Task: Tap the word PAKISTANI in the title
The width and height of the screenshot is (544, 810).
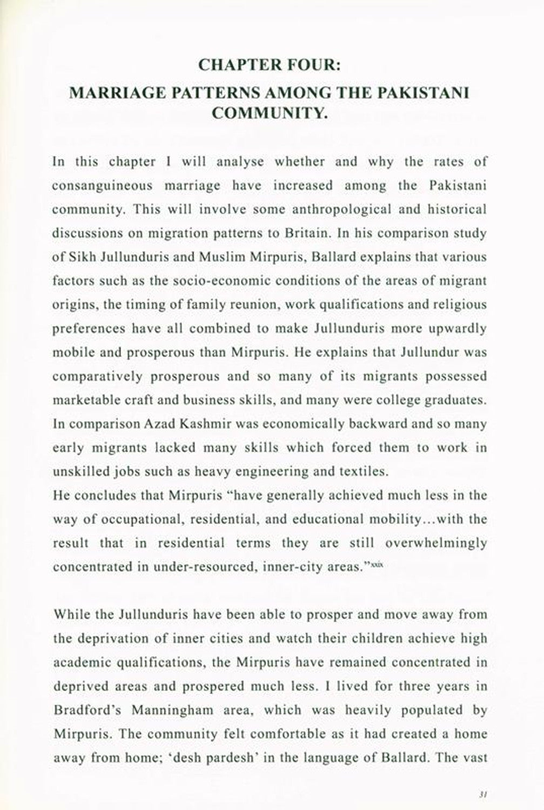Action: point(424,92)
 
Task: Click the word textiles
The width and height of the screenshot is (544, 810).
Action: point(364,471)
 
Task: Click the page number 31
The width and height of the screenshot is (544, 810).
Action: point(483,793)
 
